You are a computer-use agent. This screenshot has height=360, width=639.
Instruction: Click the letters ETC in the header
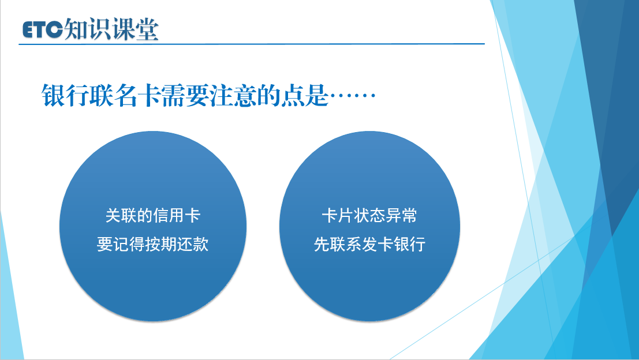(x=43, y=30)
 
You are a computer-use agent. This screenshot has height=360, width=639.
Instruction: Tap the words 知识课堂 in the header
(x=111, y=29)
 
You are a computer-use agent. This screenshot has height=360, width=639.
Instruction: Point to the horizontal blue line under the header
(x=252, y=44)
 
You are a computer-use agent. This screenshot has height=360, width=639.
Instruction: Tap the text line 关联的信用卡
(x=153, y=215)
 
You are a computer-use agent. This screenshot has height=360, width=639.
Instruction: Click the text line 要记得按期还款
(x=153, y=245)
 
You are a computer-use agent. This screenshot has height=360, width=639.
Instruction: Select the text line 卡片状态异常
(x=369, y=215)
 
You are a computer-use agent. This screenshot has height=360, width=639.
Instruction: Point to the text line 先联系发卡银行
(x=369, y=245)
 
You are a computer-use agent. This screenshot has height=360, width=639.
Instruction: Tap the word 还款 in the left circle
(x=193, y=245)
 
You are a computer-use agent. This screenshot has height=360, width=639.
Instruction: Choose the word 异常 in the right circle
(x=401, y=215)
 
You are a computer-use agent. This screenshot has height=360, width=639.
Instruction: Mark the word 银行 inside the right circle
(x=410, y=245)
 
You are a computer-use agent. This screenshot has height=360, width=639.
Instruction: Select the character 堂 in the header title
(x=147, y=29)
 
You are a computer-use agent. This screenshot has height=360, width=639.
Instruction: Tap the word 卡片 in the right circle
(x=338, y=215)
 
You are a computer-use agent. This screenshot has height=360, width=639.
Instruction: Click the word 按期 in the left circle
(x=161, y=245)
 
